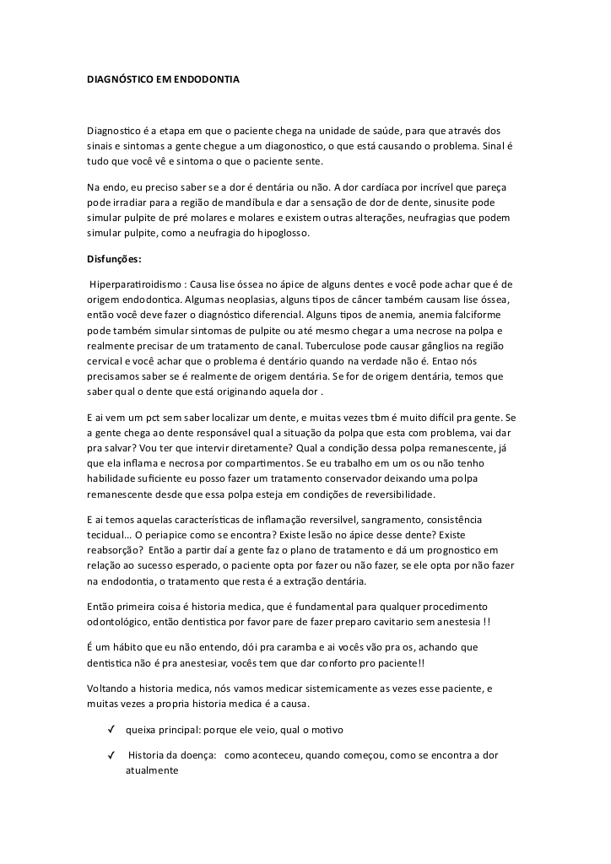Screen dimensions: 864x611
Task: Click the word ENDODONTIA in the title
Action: point(208,80)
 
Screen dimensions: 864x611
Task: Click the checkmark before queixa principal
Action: point(112,730)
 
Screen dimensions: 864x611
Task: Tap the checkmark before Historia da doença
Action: point(112,755)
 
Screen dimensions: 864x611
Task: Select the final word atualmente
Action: point(152,770)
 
